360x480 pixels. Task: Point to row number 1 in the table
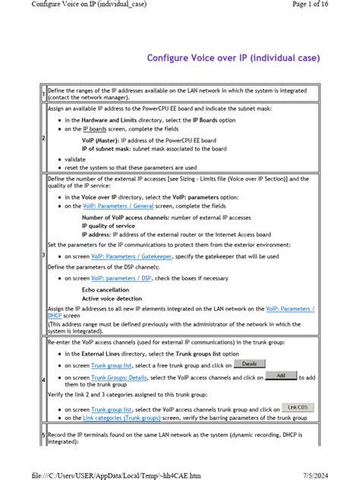43,94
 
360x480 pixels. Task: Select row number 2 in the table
43,138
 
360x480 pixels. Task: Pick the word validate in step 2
76,159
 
